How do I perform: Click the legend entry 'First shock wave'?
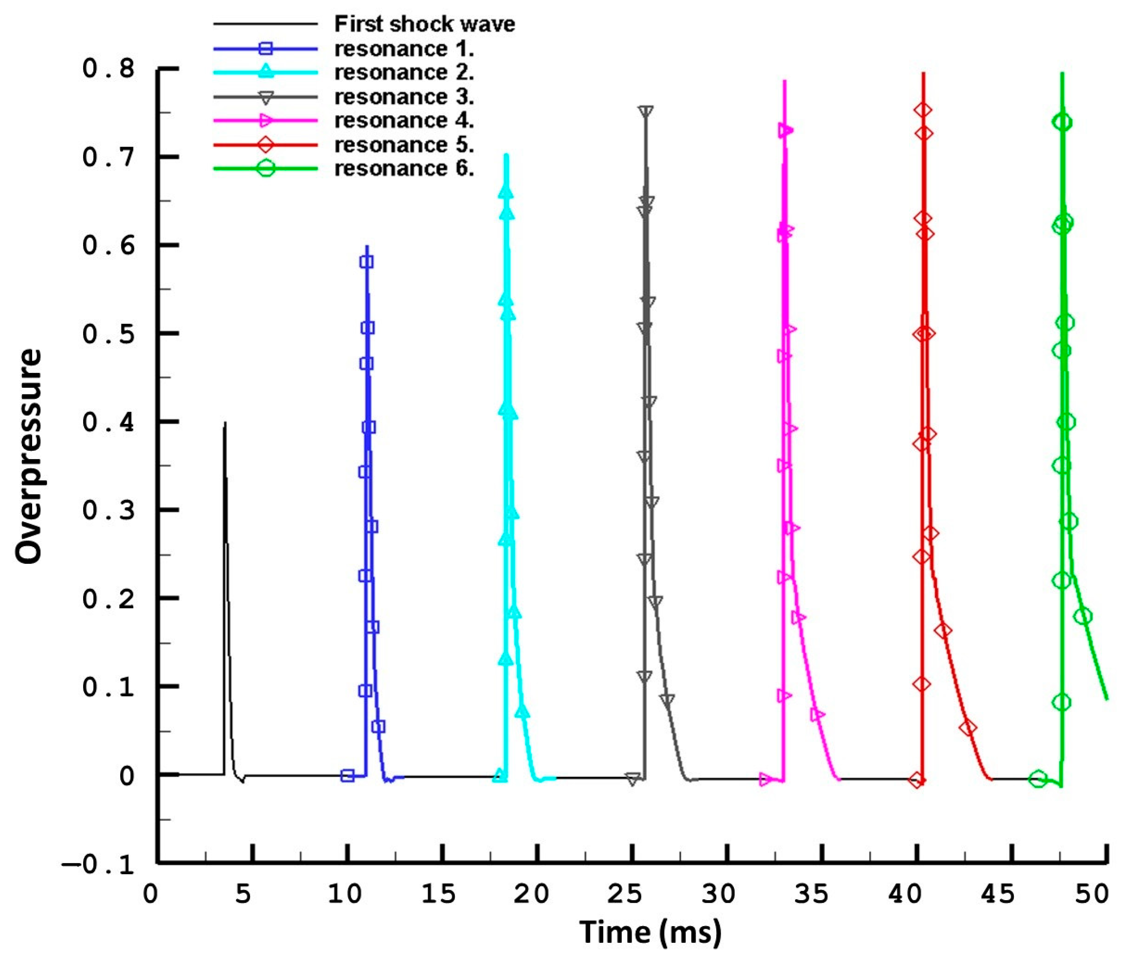pos(424,24)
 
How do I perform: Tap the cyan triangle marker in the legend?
pos(265,71)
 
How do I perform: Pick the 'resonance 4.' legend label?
pos(404,120)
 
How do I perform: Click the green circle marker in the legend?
pos(265,169)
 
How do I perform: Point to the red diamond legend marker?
pos(265,145)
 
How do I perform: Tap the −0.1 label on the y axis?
pos(98,865)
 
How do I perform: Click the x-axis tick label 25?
pos(624,894)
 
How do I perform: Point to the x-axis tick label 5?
pos(243,894)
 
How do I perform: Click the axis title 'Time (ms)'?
pos(649,931)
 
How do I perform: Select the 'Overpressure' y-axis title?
pos(28,456)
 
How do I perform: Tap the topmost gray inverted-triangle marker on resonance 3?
pos(646,112)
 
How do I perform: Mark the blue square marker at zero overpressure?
pos(347,776)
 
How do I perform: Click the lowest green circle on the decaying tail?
pos(1083,616)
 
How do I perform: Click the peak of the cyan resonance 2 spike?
pos(506,155)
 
